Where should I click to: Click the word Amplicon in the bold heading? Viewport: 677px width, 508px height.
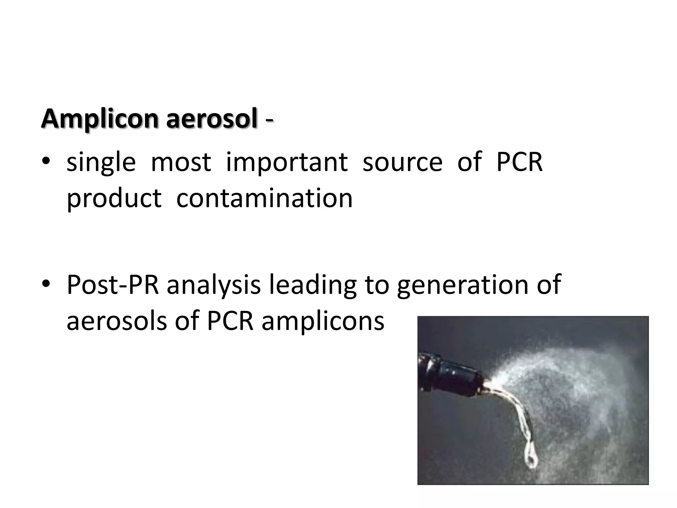point(100,119)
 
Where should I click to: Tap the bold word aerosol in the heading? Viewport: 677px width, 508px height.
point(212,119)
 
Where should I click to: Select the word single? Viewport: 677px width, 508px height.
point(101,163)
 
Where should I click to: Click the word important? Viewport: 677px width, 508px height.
point(287,163)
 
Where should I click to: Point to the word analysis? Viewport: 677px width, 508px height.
point(214,285)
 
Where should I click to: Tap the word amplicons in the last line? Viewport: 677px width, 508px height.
point(323,321)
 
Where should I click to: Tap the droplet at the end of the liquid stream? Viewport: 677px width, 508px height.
point(531,458)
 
